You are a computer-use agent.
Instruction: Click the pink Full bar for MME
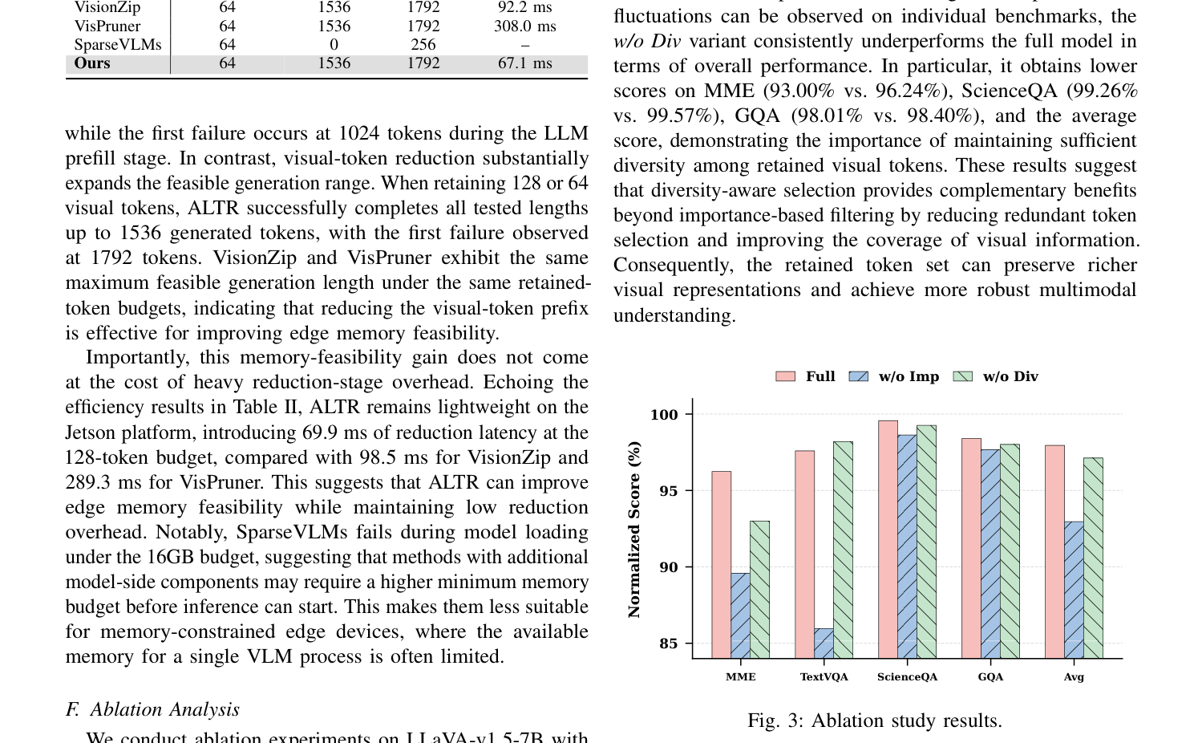(x=721, y=565)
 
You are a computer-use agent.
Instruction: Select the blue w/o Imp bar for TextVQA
(x=824, y=644)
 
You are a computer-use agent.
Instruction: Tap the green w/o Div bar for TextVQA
(x=843, y=550)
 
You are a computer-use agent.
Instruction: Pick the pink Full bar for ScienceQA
(x=888, y=539)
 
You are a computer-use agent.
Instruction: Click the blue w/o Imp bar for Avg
(x=1074, y=590)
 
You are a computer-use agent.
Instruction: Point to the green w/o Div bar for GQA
(x=1010, y=551)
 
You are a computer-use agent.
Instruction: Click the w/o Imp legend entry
(x=894, y=376)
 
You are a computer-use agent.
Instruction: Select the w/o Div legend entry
(x=995, y=376)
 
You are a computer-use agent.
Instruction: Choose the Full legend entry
(x=805, y=376)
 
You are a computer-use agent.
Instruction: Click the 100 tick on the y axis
(x=664, y=415)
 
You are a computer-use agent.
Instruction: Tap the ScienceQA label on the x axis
(x=908, y=677)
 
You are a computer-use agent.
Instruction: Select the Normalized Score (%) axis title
(x=634, y=530)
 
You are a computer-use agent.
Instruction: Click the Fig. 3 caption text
(x=875, y=721)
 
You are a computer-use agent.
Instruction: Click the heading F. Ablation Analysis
(x=152, y=710)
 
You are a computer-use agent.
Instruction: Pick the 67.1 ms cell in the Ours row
(x=524, y=63)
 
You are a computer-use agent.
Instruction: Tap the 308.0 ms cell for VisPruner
(x=524, y=26)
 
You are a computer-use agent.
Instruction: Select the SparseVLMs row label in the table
(x=118, y=45)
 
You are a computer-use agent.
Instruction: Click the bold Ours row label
(x=92, y=63)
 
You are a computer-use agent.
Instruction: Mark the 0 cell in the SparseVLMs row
(x=334, y=45)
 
